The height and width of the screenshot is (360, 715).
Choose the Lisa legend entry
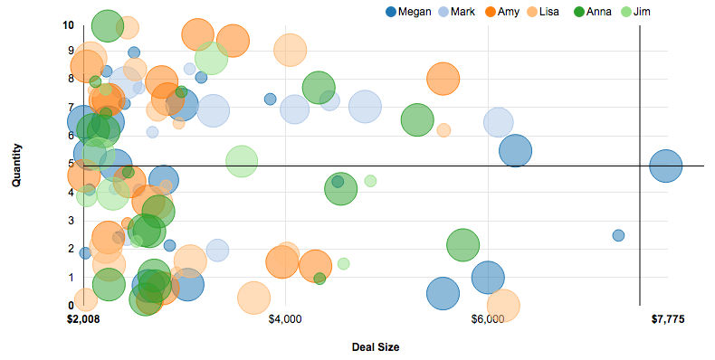[549, 12]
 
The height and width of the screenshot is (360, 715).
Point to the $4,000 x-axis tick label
[285, 319]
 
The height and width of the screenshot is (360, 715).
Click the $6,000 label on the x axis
[488, 319]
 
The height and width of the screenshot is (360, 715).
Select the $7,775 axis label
[668, 319]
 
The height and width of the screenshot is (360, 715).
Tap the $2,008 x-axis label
[83, 319]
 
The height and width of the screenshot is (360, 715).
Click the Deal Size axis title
[376, 347]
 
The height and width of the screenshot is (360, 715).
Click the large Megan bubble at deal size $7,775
[666, 166]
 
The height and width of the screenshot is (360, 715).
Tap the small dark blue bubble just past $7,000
[618, 235]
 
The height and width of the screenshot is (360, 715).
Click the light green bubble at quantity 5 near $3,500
[241, 161]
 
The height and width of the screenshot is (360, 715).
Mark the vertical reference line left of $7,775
[640, 181]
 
